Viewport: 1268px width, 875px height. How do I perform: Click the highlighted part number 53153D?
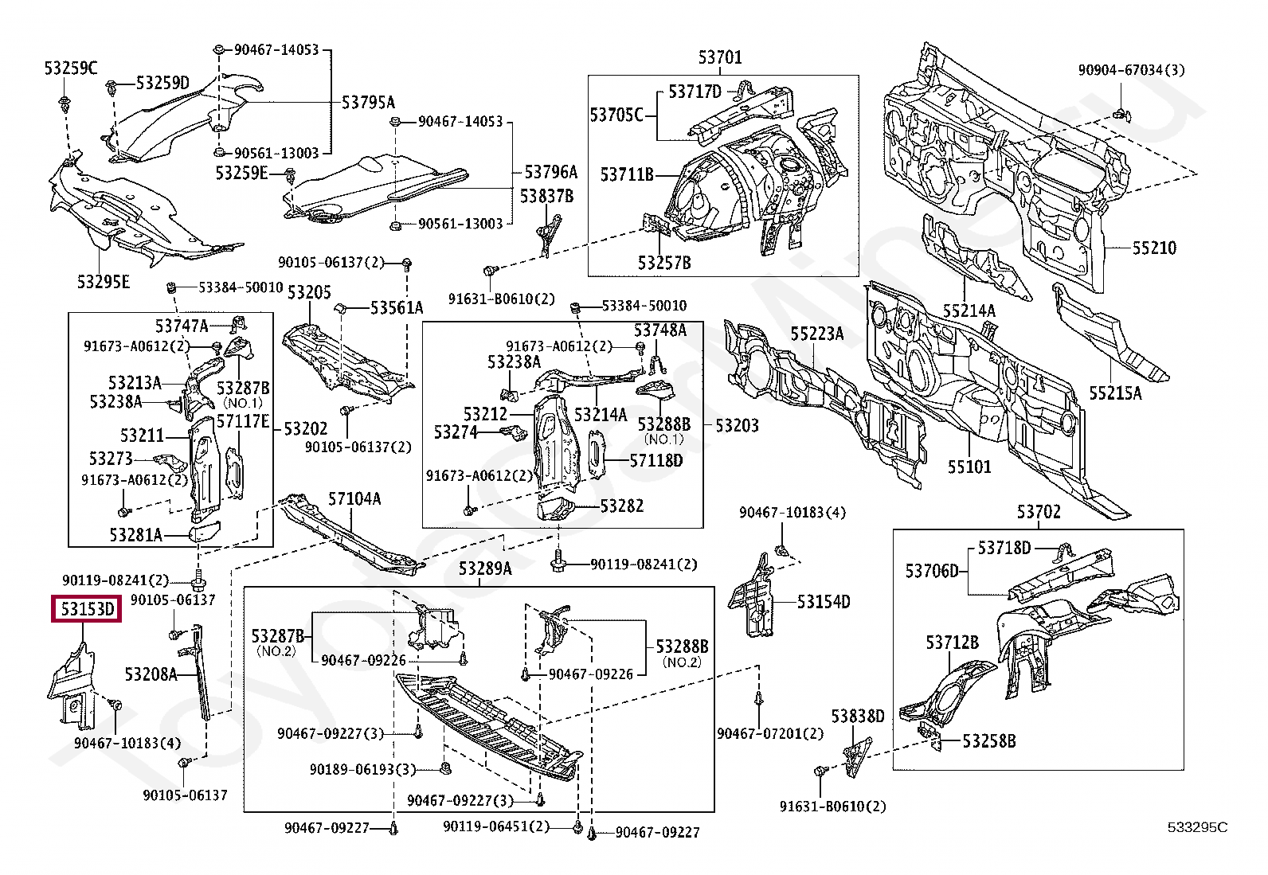pyautogui.click(x=86, y=611)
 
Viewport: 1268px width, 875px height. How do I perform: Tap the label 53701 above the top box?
pyautogui.click(x=720, y=57)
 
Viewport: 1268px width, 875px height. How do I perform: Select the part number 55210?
pyautogui.click(x=1154, y=248)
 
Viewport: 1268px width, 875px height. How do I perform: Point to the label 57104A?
pyautogui.click(x=354, y=499)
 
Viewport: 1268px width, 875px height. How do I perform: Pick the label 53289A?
pyautogui.click(x=485, y=569)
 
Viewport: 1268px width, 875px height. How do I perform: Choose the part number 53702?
pyautogui.click(x=1039, y=512)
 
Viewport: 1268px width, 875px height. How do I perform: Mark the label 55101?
pyautogui.click(x=969, y=466)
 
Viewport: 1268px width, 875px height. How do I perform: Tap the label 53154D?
pyautogui.click(x=824, y=602)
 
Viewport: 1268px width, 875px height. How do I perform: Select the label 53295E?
pyautogui.click(x=104, y=281)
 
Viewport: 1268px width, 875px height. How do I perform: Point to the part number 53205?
pyautogui.click(x=309, y=292)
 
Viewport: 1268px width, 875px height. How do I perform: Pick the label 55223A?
pyautogui.click(x=816, y=334)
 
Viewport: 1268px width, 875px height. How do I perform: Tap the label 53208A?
pyautogui.click(x=151, y=674)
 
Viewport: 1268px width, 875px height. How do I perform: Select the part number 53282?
pyautogui.click(x=622, y=506)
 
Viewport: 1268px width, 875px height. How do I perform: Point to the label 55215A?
pyautogui.click(x=1115, y=393)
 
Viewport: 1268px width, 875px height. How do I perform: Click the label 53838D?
pyautogui.click(x=858, y=716)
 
